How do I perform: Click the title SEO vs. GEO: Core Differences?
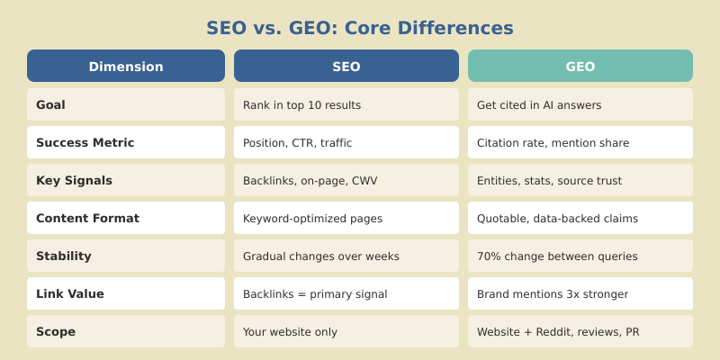(x=360, y=28)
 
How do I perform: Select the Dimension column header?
(x=126, y=67)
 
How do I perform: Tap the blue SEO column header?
(x=346, y=67)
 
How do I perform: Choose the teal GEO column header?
(x=580, y=67)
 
